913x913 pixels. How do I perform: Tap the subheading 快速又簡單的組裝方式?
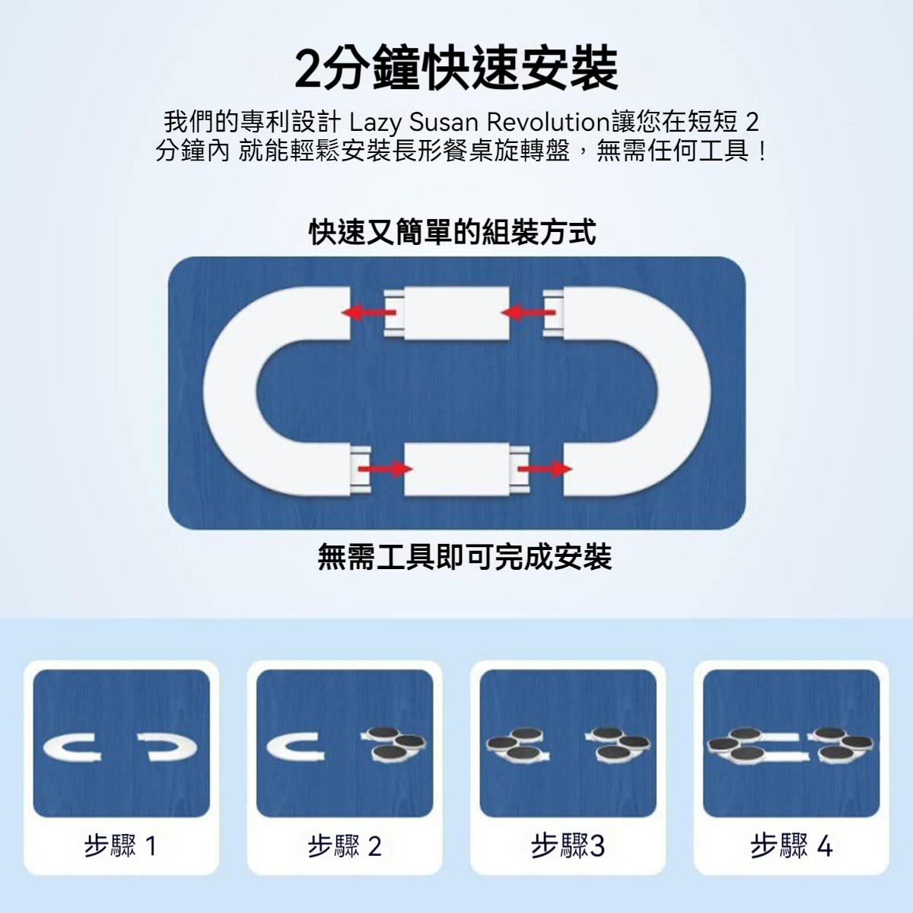pos(453,233)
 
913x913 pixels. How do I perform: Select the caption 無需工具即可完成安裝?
pos(465,557)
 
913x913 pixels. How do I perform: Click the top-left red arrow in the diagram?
pos(369,312)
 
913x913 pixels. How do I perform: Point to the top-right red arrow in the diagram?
pos(528,312)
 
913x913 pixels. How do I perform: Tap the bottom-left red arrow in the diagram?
pos(385,469)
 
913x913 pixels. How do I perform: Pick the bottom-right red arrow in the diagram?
pos(545,469)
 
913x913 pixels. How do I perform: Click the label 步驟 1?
pos(120,846)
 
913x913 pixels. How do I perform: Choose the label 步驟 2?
pos(345,846)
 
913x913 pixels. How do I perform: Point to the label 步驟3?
pos(568,846)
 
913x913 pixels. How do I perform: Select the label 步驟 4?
pos(791,846)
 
